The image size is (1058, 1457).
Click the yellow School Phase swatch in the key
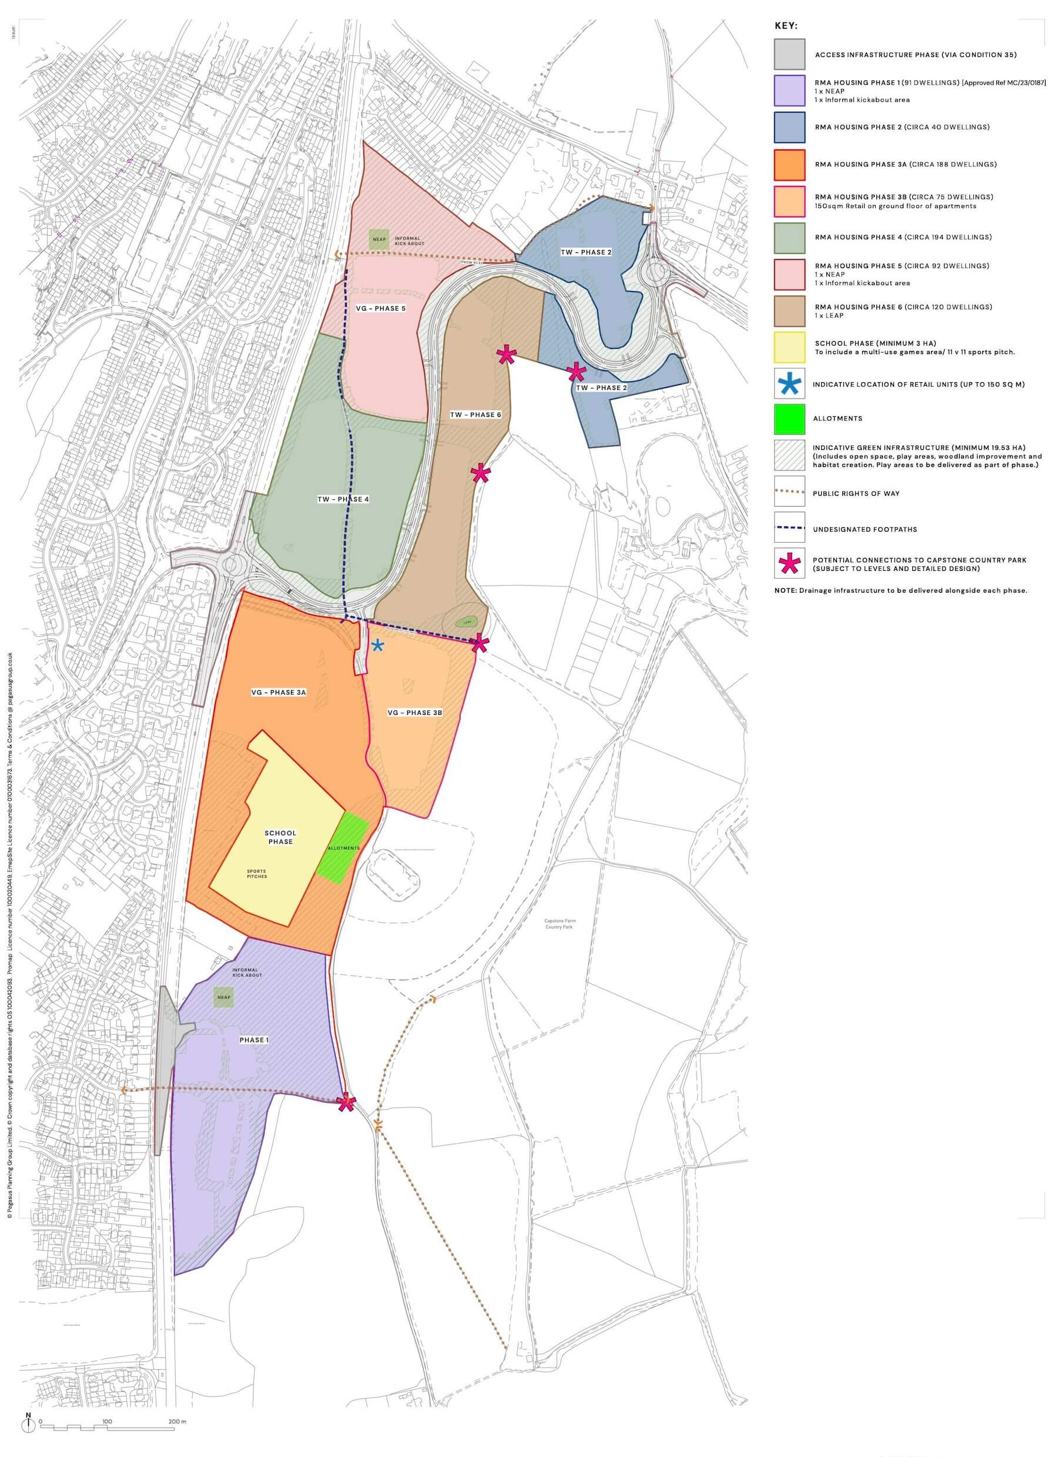[x=789, y=347]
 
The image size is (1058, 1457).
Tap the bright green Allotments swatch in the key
[x=789, y=419]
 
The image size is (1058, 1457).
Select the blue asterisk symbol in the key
[x=789, y=385]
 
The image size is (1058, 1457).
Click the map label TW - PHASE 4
[x=343, y=499]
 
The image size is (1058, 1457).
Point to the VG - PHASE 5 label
[x=380, y=308]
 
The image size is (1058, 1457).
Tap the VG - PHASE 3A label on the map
[x=279, y=693]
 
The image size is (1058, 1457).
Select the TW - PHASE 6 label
[x=476, y=415]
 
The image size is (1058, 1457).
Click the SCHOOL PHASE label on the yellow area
[x=281, y=837]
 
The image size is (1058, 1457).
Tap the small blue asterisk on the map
[x=378, y=646]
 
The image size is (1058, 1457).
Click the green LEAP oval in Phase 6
[x=463, y=622]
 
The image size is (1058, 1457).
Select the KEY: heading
[x=786, y=26]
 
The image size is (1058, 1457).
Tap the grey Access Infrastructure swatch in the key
[x=789, y=55]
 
